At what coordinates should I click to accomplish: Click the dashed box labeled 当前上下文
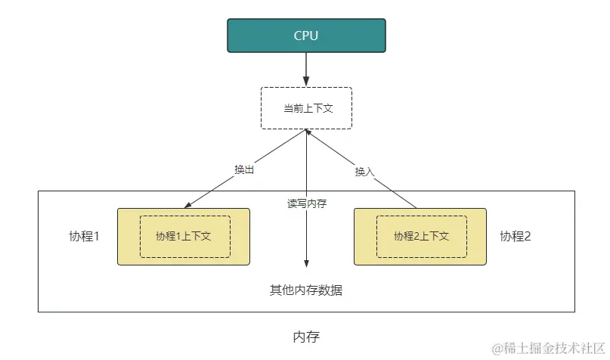point(306,108)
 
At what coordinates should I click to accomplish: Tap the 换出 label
point(244,169)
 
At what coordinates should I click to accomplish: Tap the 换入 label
point(364,172)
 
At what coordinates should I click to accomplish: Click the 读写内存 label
point(306,203)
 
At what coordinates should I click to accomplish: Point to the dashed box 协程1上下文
point(184,236)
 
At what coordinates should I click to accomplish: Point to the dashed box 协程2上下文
point(421,236)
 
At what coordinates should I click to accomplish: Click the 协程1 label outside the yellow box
point(84,236)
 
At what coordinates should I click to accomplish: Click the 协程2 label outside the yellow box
point(516,236)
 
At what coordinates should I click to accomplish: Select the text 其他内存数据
point(306,290)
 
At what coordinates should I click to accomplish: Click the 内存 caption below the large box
point(306,337)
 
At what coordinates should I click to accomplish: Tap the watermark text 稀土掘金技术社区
point(550,348)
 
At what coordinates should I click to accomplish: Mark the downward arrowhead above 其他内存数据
point(306,263)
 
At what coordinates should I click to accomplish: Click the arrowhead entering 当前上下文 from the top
point(306,83)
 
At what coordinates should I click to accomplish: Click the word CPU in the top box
point(306,36)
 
